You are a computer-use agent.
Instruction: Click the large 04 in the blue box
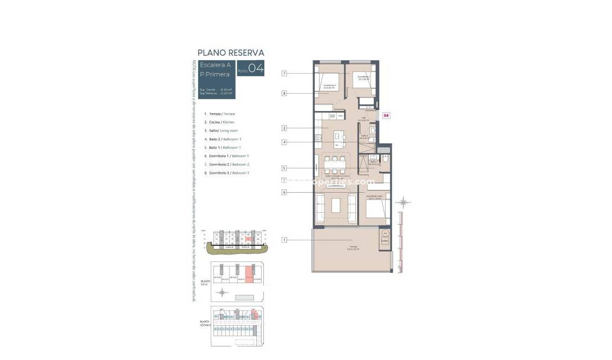[256, 68]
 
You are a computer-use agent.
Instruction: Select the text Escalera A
[215, 65]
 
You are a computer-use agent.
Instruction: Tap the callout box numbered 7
[284, 73]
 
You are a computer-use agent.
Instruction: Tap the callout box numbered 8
[284, 93]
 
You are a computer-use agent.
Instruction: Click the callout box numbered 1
[284, 239]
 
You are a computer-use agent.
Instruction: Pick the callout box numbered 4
[284, 142]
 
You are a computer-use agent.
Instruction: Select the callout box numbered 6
[284, 192]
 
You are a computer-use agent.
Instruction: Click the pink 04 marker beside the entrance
[386, 115]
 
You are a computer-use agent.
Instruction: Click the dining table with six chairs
[335, 165]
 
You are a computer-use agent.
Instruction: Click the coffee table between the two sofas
[336, 205]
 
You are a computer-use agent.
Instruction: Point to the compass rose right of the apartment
[403, 202]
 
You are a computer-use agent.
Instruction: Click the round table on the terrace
[385, 234]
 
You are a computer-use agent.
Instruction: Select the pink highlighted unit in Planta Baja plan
[249, 274]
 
